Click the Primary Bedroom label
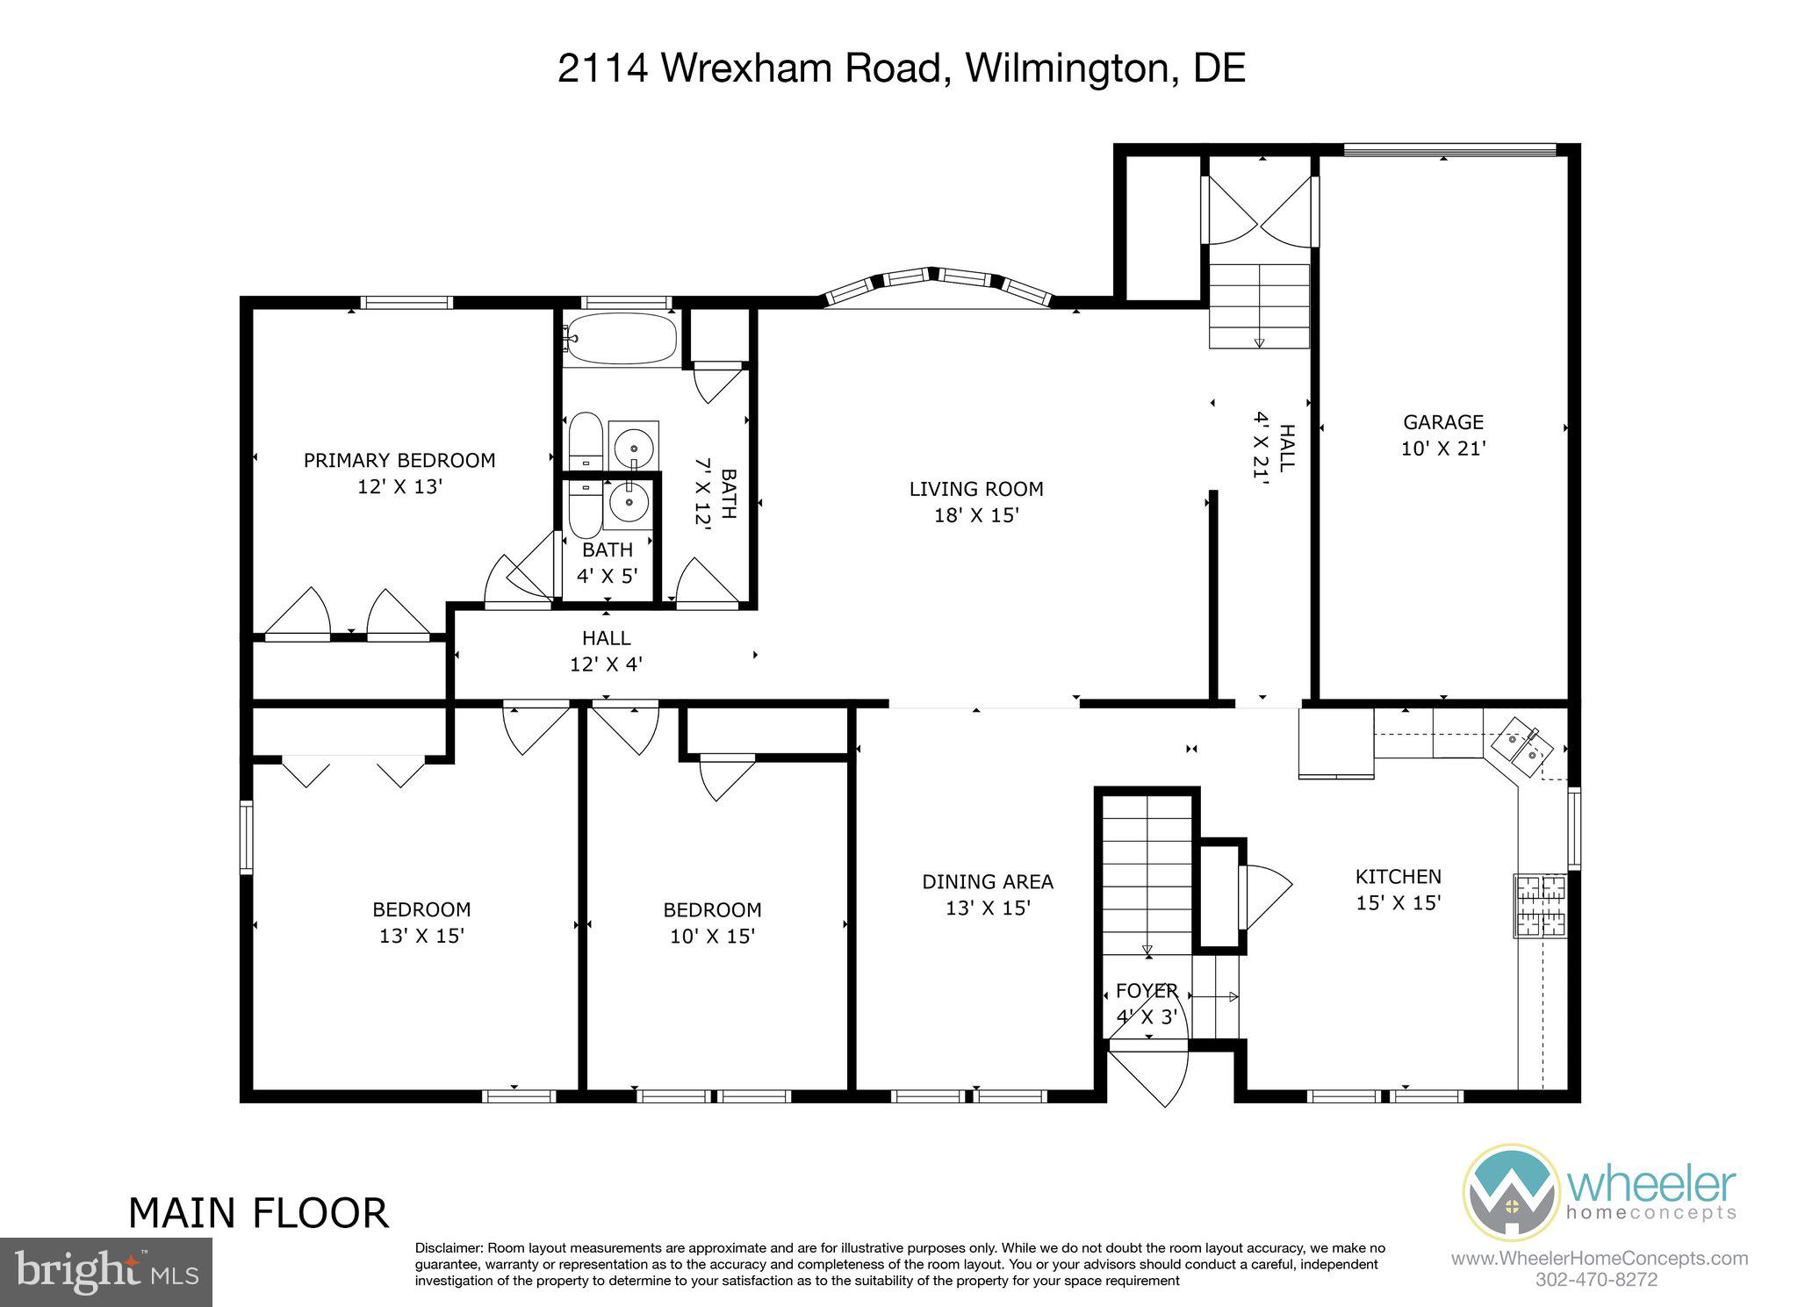[399, 460]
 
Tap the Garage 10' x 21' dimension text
[1442, 449]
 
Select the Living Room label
[975, 489]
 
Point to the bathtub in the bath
[621, 338]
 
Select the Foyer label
[1146, 991]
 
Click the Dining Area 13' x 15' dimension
[987, 908]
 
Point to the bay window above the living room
[937, 283]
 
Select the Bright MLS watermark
[106, 1272]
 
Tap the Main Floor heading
[258, 1213]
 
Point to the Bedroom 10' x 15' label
[712, 923]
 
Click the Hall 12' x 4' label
[606, 650]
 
